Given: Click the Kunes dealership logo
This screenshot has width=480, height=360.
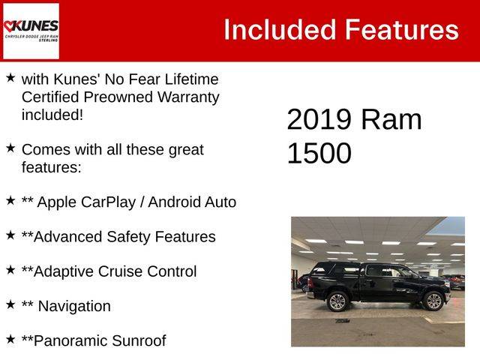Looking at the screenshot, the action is click(31, 31).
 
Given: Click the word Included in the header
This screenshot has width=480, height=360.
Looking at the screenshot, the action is click(280, 30).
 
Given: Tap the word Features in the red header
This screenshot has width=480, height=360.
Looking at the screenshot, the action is click(402, 30).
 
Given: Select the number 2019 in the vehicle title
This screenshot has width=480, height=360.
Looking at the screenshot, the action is click(319, 119).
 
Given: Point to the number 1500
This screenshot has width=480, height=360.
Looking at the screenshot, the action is click(319, 153).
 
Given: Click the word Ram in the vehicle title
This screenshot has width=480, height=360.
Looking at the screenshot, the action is click(391, 119).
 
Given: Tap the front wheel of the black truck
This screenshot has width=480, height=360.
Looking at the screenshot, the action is click(433, 301).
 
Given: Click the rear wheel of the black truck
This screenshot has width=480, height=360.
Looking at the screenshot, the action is click(338, 301).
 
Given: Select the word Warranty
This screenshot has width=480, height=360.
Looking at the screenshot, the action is click(188, 97).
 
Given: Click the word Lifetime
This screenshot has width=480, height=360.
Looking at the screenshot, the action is click(192, 79).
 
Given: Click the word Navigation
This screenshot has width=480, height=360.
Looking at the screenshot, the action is click(74, 306).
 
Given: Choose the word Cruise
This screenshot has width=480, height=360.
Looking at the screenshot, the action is click(121, 271).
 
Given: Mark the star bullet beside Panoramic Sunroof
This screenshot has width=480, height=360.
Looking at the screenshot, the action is click(10, 339).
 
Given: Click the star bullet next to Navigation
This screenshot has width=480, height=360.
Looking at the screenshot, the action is click(10, 304).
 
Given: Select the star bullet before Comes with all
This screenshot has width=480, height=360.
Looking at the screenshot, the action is click(10, 148).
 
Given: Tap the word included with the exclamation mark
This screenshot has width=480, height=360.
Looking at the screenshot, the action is click(52, 115).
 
